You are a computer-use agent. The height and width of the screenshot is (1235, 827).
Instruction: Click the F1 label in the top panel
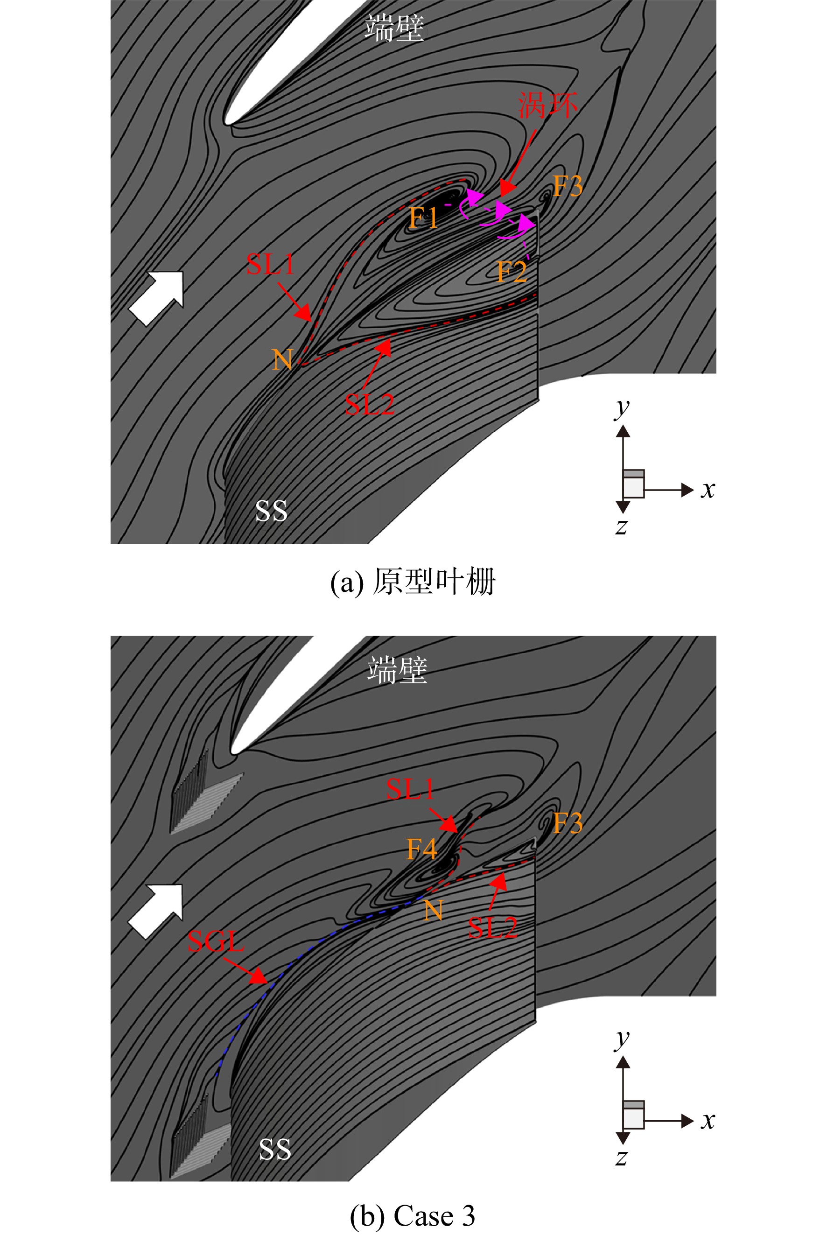click(x=423, y=217)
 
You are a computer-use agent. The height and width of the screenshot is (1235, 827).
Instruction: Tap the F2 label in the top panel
click(x=512, y=272)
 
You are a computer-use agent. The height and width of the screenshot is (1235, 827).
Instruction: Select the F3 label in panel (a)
click(x=568, y=186)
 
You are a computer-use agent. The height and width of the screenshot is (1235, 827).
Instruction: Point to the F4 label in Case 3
click(x=422, y=849)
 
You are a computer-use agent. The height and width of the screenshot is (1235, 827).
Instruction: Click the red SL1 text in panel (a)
click(x=270, y=264)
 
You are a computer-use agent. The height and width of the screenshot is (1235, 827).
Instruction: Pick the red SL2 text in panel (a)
click(x=369, y=405)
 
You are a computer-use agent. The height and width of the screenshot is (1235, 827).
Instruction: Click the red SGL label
click(x=216, y=941)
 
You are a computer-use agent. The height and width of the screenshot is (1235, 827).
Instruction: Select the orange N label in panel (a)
click(x=283, y=360)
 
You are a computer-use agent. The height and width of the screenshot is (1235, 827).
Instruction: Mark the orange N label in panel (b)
click(x=433, y=910)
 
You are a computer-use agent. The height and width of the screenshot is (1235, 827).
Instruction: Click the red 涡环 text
click(x=547, y=105)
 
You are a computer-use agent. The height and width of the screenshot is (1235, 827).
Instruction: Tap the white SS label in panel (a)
click(x=271, y=511)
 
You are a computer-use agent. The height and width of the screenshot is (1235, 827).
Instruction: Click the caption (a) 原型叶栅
click(x=413, y=582)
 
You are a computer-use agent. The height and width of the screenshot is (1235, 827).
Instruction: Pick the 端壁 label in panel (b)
click(x=397, y=670)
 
